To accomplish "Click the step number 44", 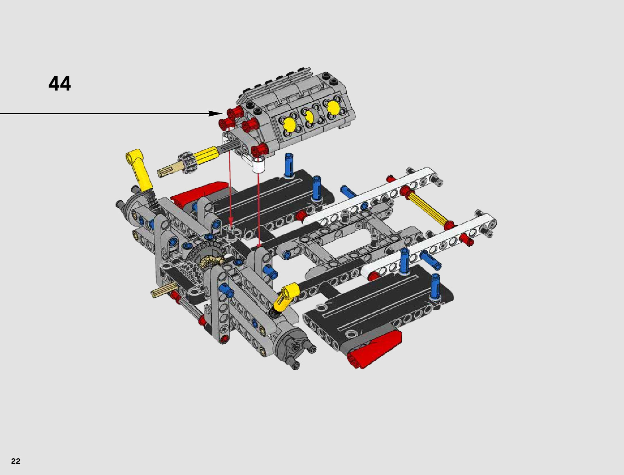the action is (x=59, y=84).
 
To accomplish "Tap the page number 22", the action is (x=16, y=461).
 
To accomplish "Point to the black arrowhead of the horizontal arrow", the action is (x=215, y=114).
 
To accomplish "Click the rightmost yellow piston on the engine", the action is (x=334, y=108).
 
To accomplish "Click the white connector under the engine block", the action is (x=258, y=165).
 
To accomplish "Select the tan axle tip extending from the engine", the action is (x=167, y=170).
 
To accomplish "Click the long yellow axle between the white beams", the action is (x=426, y=207).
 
